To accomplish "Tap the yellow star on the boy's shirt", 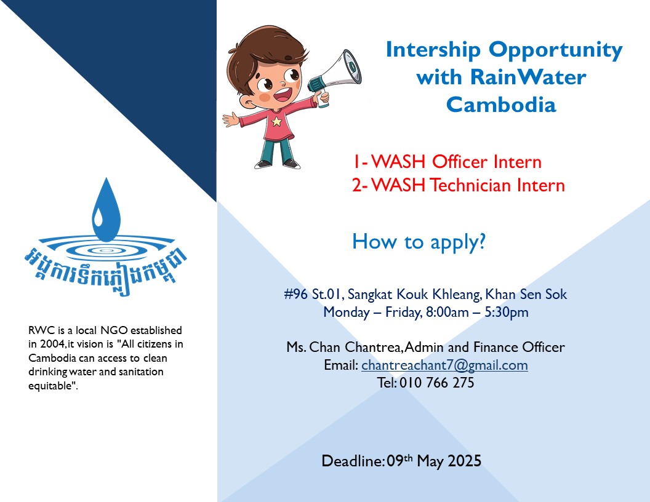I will pyautogui.click(x=276, y=121).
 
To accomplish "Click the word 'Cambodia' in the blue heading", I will pyautogui.click(x=500, y=105).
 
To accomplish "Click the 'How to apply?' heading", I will pyautogui.click(x=419, y=241).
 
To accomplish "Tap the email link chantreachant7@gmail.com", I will pyautogui.click(x=444, y=365).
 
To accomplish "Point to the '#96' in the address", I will pyautogui.click(x=296, y=294).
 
